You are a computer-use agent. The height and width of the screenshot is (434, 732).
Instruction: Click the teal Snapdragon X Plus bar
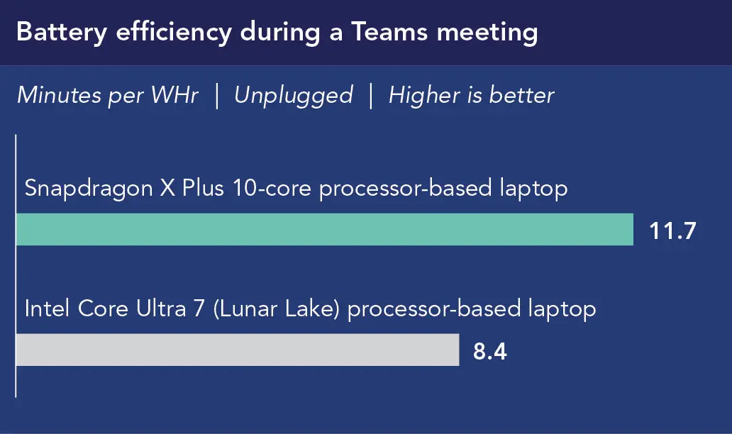[324, 229]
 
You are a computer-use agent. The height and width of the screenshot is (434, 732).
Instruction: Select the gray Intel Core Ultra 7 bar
[237, 350]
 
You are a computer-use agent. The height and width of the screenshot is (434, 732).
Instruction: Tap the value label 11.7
[673, 230]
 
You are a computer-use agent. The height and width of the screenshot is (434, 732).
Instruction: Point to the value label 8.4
[490, 351]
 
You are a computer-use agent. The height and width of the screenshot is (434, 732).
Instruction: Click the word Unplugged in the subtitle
[293, 96]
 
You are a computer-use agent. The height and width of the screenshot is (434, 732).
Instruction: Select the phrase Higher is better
[471, 96]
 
